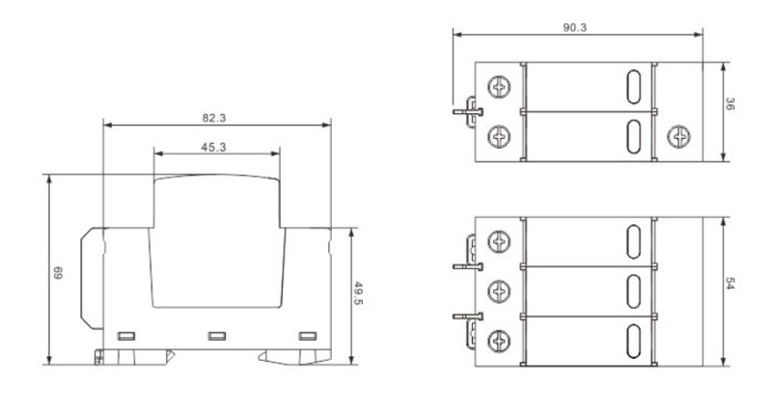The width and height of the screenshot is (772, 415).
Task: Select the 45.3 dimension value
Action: (x=214, y=147)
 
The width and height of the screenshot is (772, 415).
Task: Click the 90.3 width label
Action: (x=575, y=28)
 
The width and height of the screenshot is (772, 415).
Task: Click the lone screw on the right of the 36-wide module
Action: (x=676, y=137)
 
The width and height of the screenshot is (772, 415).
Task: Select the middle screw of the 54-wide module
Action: (x=500, y=289)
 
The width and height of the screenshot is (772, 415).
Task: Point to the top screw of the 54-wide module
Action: (x=500, y=239)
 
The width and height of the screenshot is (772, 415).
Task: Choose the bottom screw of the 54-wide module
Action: (x=500, y=340)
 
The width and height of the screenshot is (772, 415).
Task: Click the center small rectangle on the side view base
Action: (x=216, y=336)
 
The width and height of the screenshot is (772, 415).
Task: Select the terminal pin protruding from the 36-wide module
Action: (x=465, y=110)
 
